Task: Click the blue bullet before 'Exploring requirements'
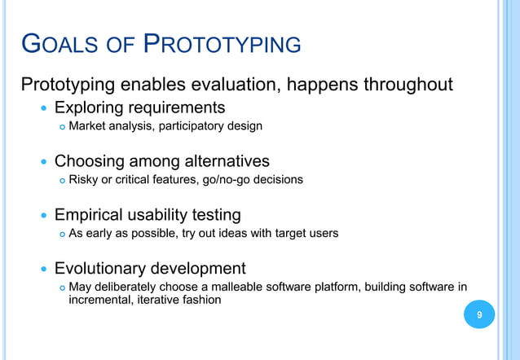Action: [43, 108]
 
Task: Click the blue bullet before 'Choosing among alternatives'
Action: [43, 162]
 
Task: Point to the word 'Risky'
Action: [83, 179]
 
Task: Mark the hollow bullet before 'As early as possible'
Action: [61, 234]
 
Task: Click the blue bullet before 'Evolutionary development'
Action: [43, 269]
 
